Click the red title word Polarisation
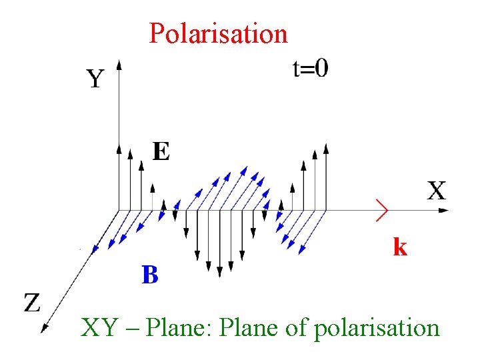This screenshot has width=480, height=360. pos(218,32)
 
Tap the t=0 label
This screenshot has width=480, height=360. pos(310,68)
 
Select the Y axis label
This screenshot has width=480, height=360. pos(95,80)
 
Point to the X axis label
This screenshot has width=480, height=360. pos(436,191)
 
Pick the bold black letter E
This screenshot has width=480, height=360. pos(161,151)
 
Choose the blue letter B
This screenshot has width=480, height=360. pos(150,274)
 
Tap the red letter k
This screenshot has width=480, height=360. pos(399,247)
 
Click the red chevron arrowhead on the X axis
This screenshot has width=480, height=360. pos(382,209)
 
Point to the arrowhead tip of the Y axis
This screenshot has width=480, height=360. pos(119,62)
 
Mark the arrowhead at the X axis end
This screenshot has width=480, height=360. pos(445,210)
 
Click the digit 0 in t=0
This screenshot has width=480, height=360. pos(321,68)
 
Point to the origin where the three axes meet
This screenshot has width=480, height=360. pos(119,210)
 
